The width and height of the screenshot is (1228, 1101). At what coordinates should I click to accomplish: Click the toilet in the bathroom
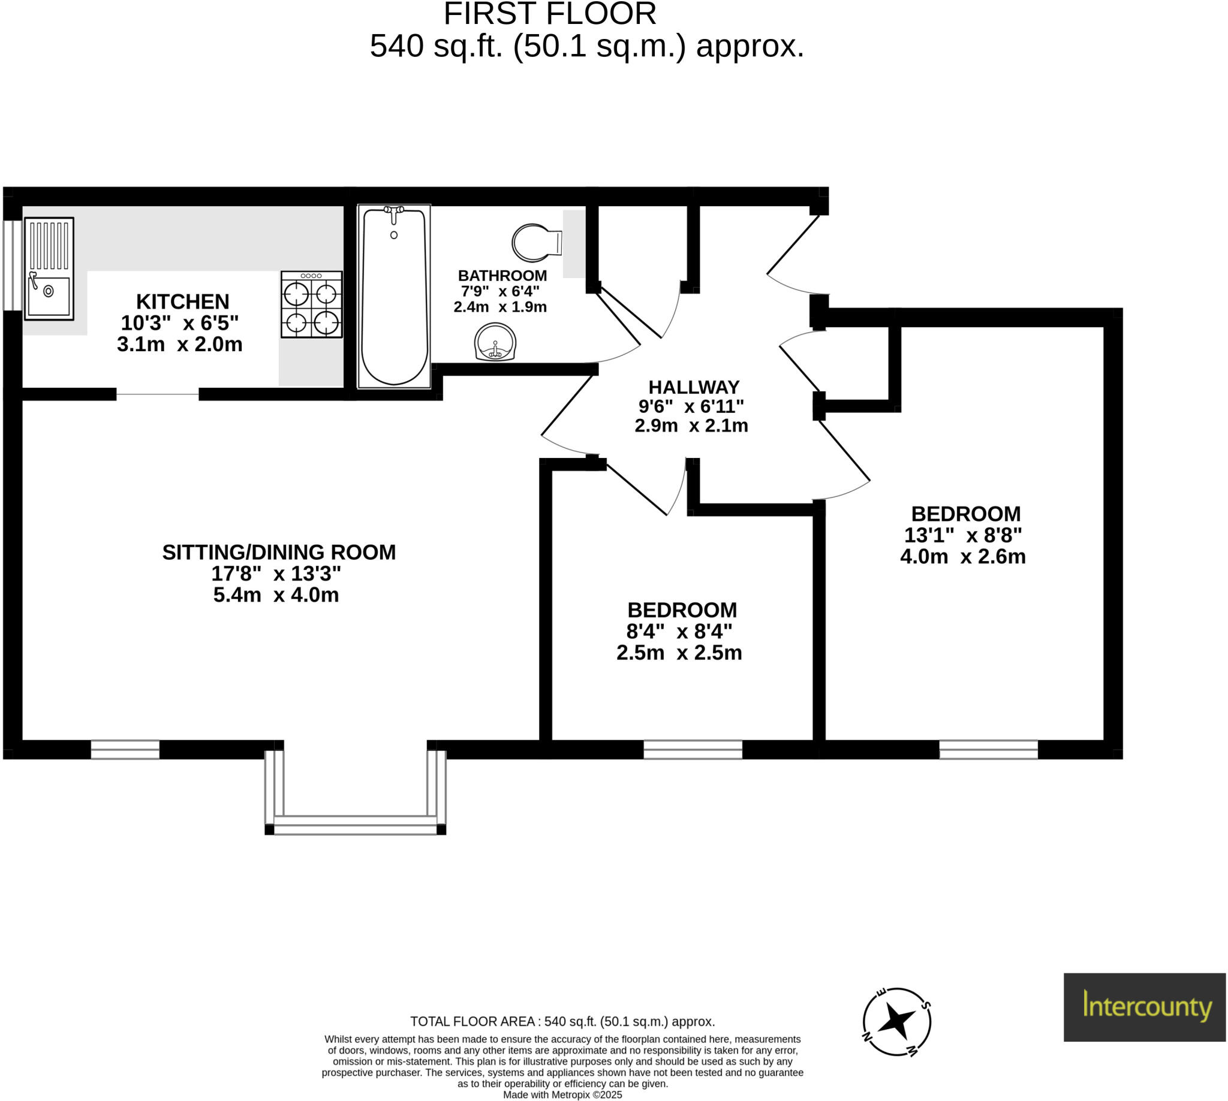click(x=535, y=243)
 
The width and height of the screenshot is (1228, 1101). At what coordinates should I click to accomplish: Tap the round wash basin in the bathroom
click(x=495, y=342)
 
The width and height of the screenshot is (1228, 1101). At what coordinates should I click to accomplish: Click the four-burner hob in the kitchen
click(x=311, y=304)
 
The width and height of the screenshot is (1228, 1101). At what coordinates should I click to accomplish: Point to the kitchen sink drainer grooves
click(x=49, y=246)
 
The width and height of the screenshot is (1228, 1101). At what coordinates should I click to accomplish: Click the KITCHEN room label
click(x=182, y=301)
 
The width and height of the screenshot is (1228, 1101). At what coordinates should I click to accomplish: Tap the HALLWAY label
click(x=694, y=387)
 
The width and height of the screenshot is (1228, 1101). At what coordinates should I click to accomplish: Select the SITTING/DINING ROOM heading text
click(x=278, y=553)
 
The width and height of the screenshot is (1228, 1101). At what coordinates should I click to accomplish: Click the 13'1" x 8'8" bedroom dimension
click(x=962, y=535)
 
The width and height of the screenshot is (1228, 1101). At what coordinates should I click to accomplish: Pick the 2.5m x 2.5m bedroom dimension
click(x=679, y=653)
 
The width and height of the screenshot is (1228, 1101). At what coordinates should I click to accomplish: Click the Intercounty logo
click(x=1144, y=1007)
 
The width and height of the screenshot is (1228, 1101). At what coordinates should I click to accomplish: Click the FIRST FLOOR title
click(x=550, y=14)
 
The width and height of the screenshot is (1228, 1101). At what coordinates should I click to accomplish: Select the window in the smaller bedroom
click(x=693, y=750)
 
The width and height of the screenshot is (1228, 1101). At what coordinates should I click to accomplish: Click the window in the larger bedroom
click(x=988, y=750)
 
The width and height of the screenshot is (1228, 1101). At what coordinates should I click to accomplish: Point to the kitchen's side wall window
click(x=12, y=266)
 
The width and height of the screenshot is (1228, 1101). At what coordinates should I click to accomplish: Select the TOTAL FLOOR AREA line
click(x=562, y=1022)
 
